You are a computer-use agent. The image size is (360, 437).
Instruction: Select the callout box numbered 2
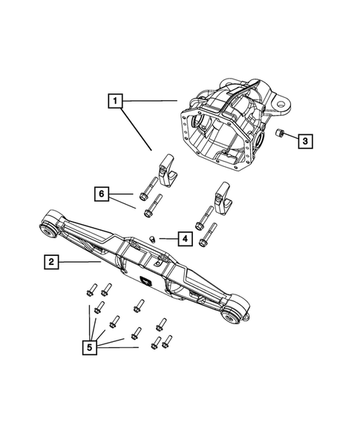(50, 261)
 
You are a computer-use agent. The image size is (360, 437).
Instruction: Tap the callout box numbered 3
(306, 139)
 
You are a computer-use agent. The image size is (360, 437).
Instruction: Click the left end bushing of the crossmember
(48, 227)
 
